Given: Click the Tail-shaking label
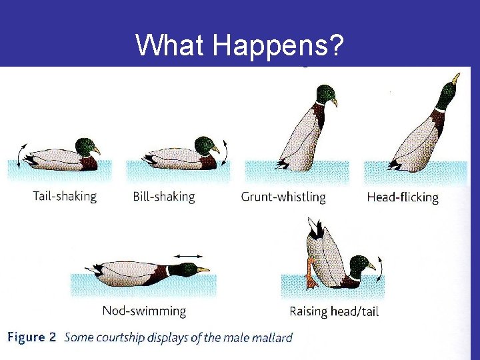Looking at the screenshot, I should click(65, 197).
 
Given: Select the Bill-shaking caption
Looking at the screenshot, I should click(164, 197).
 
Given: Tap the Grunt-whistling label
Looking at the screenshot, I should click(283, 197).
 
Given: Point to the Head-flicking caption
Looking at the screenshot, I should click(403, 197).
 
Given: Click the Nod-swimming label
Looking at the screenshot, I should click(144, 311).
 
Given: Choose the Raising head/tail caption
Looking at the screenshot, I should click(334, 311).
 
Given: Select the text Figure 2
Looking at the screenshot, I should click(31, 337).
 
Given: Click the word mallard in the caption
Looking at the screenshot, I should click(272, 337).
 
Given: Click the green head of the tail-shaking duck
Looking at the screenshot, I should click(85, 146).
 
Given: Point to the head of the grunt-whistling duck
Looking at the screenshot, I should click(325, 93).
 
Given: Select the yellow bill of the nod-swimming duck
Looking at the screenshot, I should click(203, 270).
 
